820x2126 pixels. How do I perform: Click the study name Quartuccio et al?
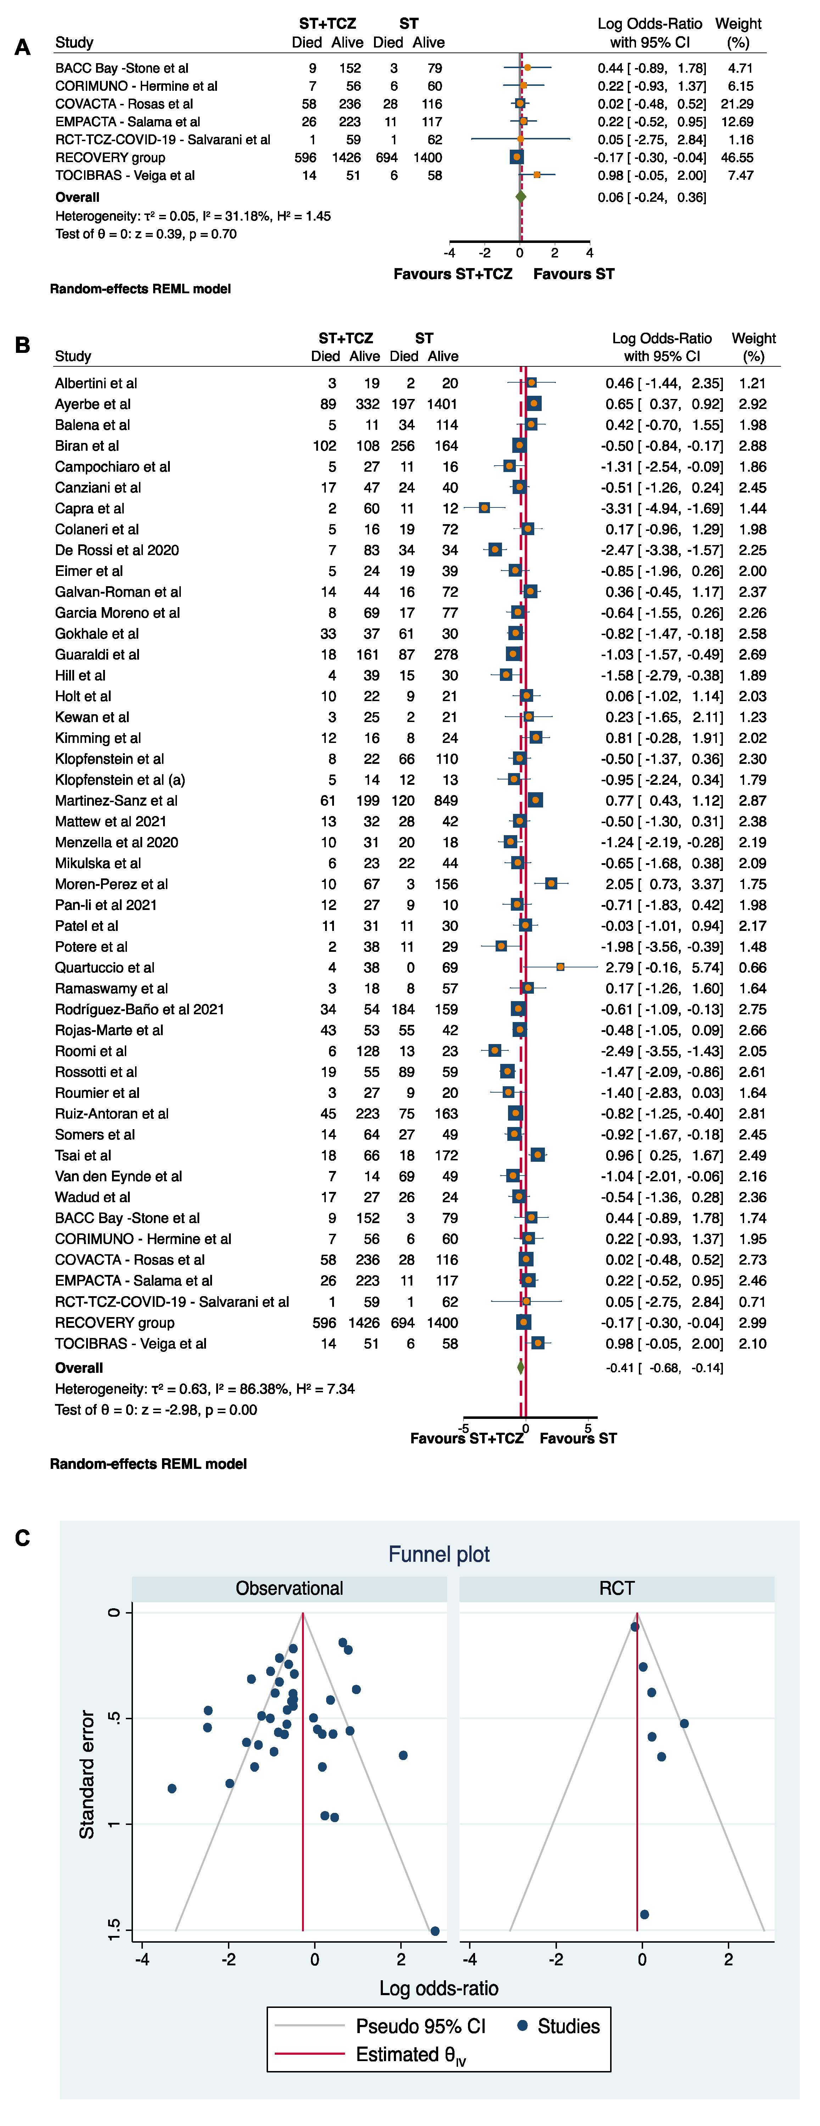(105, 967)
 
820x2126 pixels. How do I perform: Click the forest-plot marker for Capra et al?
(484, 507)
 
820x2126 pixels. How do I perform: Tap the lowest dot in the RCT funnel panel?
(644, 1914)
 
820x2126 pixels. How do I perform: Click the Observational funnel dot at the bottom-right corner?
(435, 1930)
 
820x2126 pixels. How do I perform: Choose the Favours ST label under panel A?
(573, 274)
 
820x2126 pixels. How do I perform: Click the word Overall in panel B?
(79, 1367)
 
